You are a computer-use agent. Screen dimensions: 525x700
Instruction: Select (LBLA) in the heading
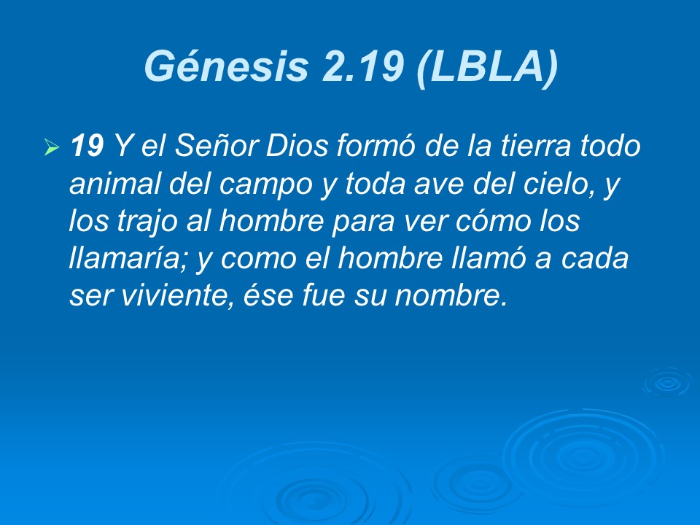tap(488, 67)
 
